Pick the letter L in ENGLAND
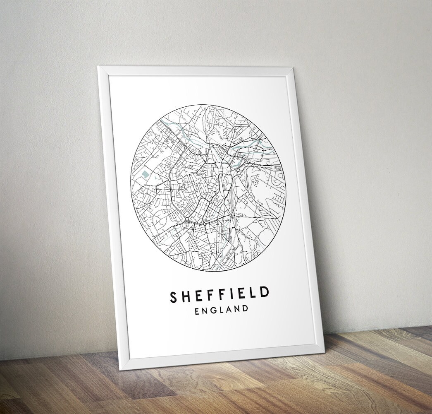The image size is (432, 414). pos(222,310)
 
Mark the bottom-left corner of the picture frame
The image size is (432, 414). pos(120,370)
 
